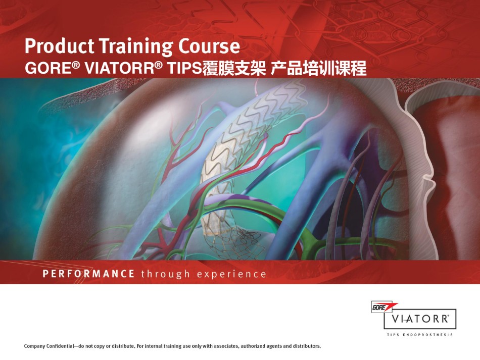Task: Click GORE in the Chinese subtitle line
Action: [50, 68]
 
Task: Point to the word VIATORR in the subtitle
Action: [119, 68]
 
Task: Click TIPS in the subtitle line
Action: [184, 68]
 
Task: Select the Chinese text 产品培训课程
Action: [318, 68]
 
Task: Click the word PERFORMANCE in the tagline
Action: [88, 274]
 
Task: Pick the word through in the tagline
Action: [166, 274]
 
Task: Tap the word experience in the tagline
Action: [231, 274]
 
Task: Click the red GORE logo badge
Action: [384, 307]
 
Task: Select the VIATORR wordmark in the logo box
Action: [420, 319]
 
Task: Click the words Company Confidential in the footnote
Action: [49, 346]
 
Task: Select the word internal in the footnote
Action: [154, 346]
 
